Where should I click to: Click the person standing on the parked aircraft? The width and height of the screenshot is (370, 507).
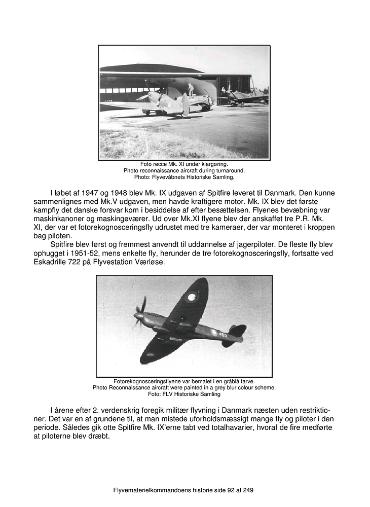pyautogui.click(x=191, y=90)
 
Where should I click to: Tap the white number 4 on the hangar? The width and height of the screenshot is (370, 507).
pyautogui.click(x=223, y=90)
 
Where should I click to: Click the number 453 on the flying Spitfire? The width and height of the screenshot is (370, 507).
pyautogui.click(x=223, y=335)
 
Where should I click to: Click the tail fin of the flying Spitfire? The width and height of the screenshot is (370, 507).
pyautogui.click(x=237, y=331)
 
